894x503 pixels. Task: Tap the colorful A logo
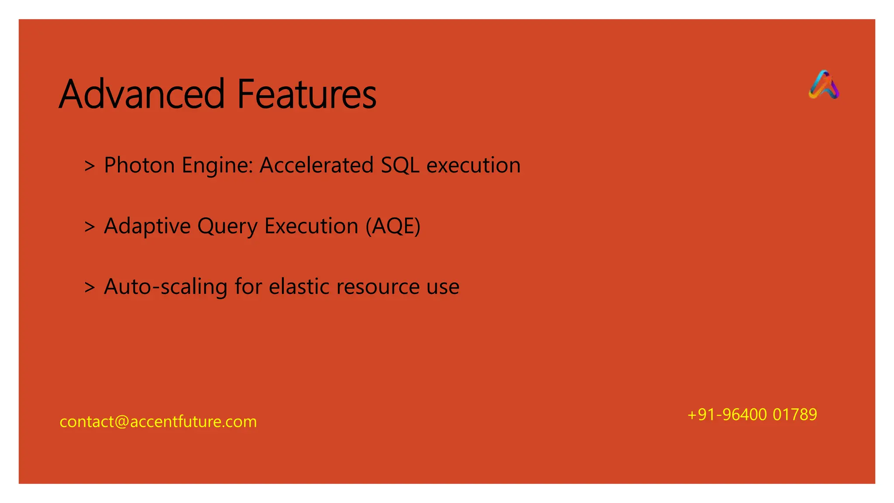(x=823, y=85)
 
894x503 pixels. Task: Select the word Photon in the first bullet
(x=139, y=165)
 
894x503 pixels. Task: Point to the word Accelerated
(x=316, y=165)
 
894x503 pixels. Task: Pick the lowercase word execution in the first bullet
(x=473, y=165)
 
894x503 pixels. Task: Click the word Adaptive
(x=147, y=227)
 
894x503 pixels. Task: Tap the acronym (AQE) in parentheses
(x=393, y=226)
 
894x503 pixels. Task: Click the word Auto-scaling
(x=165, y=287)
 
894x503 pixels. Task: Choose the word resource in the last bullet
(x=378, y=287)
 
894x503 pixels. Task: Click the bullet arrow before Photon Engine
(x=89, y=166)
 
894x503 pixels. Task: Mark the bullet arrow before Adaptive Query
(x=89, y=227)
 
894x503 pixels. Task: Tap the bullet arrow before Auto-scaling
(x=89, y=287)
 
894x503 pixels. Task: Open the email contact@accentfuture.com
(x=158, y=422)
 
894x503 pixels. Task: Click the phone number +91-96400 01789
(x=752, y=414)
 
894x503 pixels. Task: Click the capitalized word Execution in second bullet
(x=311, y=226)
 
